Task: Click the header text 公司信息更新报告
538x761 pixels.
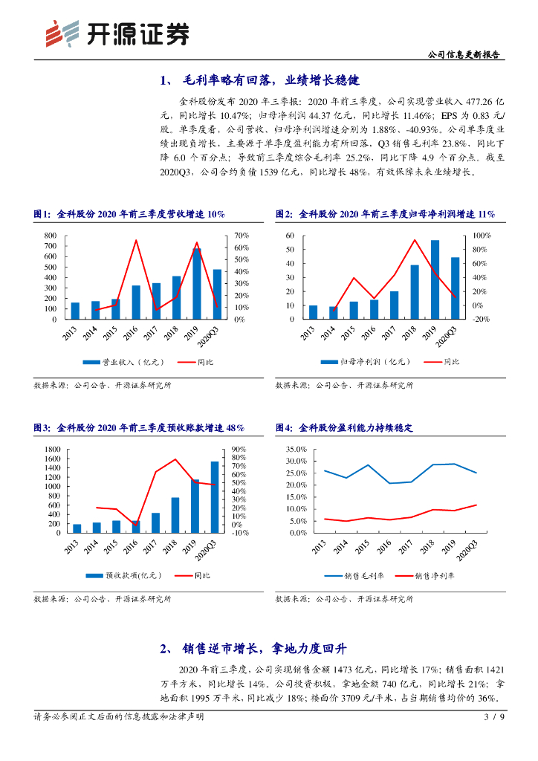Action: click(x=466, y=54)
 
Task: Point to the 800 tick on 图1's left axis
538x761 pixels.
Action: click(x=51, y=236)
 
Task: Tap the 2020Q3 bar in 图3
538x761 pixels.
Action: click(x=215, y=497)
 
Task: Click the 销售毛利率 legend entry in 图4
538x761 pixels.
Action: click(x=362, y=576)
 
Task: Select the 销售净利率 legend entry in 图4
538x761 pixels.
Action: click(x=432, y=576)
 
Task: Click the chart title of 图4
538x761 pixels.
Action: click(x=344, y=428)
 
